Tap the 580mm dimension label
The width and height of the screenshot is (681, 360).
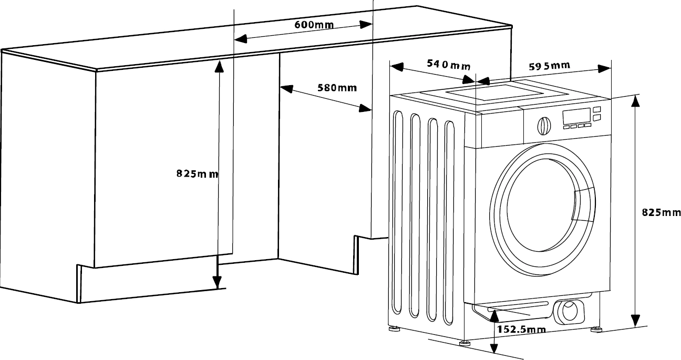(337, 87)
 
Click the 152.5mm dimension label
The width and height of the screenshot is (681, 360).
(521, 330)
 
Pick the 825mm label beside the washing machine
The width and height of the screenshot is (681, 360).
(661, 213)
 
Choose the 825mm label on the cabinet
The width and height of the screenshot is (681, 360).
(197, 174)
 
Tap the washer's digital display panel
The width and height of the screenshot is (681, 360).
(576, 117)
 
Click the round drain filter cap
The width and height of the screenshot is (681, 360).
(569, 311)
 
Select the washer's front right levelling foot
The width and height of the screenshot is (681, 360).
(596, 330)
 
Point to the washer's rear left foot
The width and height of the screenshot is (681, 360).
(394, 329)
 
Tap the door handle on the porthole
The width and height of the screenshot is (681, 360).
(583, 205)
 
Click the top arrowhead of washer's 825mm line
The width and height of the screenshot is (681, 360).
(636, 101)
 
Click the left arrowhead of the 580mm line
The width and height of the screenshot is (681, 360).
(286, 90)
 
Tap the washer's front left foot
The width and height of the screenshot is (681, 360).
(464, 343)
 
